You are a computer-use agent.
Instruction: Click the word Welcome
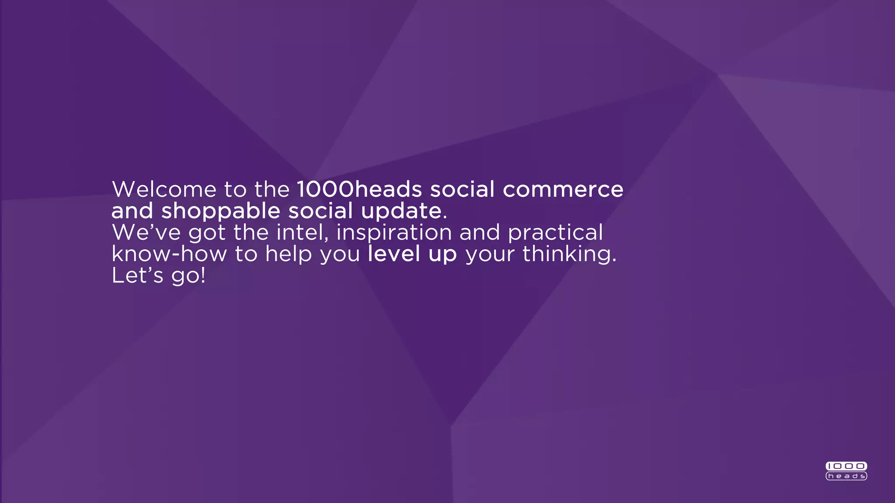point(164,189)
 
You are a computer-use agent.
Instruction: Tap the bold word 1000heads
point(359,189)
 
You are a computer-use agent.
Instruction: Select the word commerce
point(563,189)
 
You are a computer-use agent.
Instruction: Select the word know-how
point(169,254)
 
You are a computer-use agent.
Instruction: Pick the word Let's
point(137,276)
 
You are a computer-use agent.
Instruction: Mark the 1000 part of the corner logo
point(846,466)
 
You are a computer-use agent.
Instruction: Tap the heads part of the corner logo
point(846,476)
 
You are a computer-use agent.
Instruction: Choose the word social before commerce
point(462,189)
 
